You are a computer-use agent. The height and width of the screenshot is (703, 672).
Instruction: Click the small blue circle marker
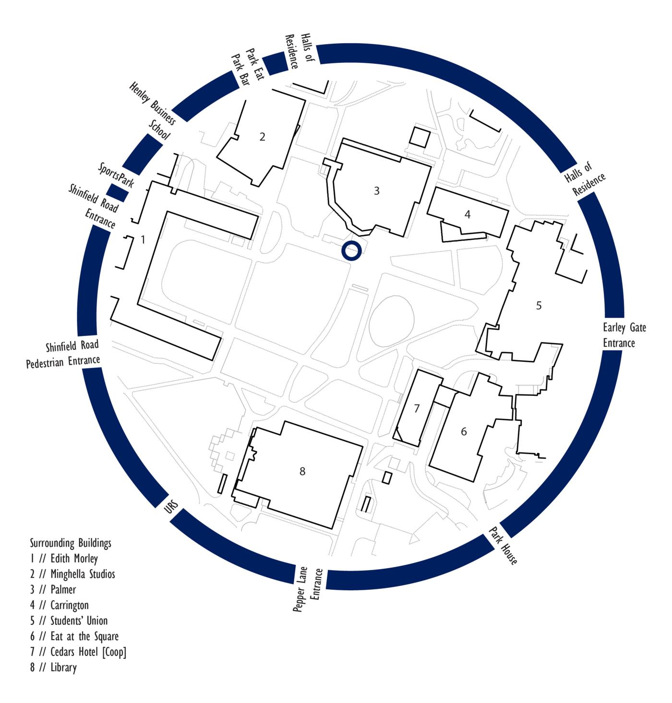351,251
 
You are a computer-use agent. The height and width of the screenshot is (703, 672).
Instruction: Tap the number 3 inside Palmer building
377,191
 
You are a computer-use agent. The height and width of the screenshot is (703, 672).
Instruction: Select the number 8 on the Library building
302,472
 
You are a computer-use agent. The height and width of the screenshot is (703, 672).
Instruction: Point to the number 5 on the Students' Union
539,306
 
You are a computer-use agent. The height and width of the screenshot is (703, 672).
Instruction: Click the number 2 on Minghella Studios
262,137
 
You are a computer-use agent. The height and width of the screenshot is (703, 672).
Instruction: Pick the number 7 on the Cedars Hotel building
417,409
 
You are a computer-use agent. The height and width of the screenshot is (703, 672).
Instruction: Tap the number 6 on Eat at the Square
464,432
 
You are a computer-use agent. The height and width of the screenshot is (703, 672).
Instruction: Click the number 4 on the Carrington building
468,214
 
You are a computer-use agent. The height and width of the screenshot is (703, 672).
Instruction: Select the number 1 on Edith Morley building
143,239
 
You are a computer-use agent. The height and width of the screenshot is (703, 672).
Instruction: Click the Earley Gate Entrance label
624,335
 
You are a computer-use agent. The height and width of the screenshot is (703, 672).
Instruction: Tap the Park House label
504,546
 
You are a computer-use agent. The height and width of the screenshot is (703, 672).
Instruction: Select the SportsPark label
116,175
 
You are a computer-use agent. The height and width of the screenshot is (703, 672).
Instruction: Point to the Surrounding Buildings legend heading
71,543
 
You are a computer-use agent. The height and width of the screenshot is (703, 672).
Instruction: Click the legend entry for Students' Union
69,620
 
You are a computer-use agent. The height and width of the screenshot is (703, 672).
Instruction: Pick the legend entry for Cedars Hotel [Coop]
78,652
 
